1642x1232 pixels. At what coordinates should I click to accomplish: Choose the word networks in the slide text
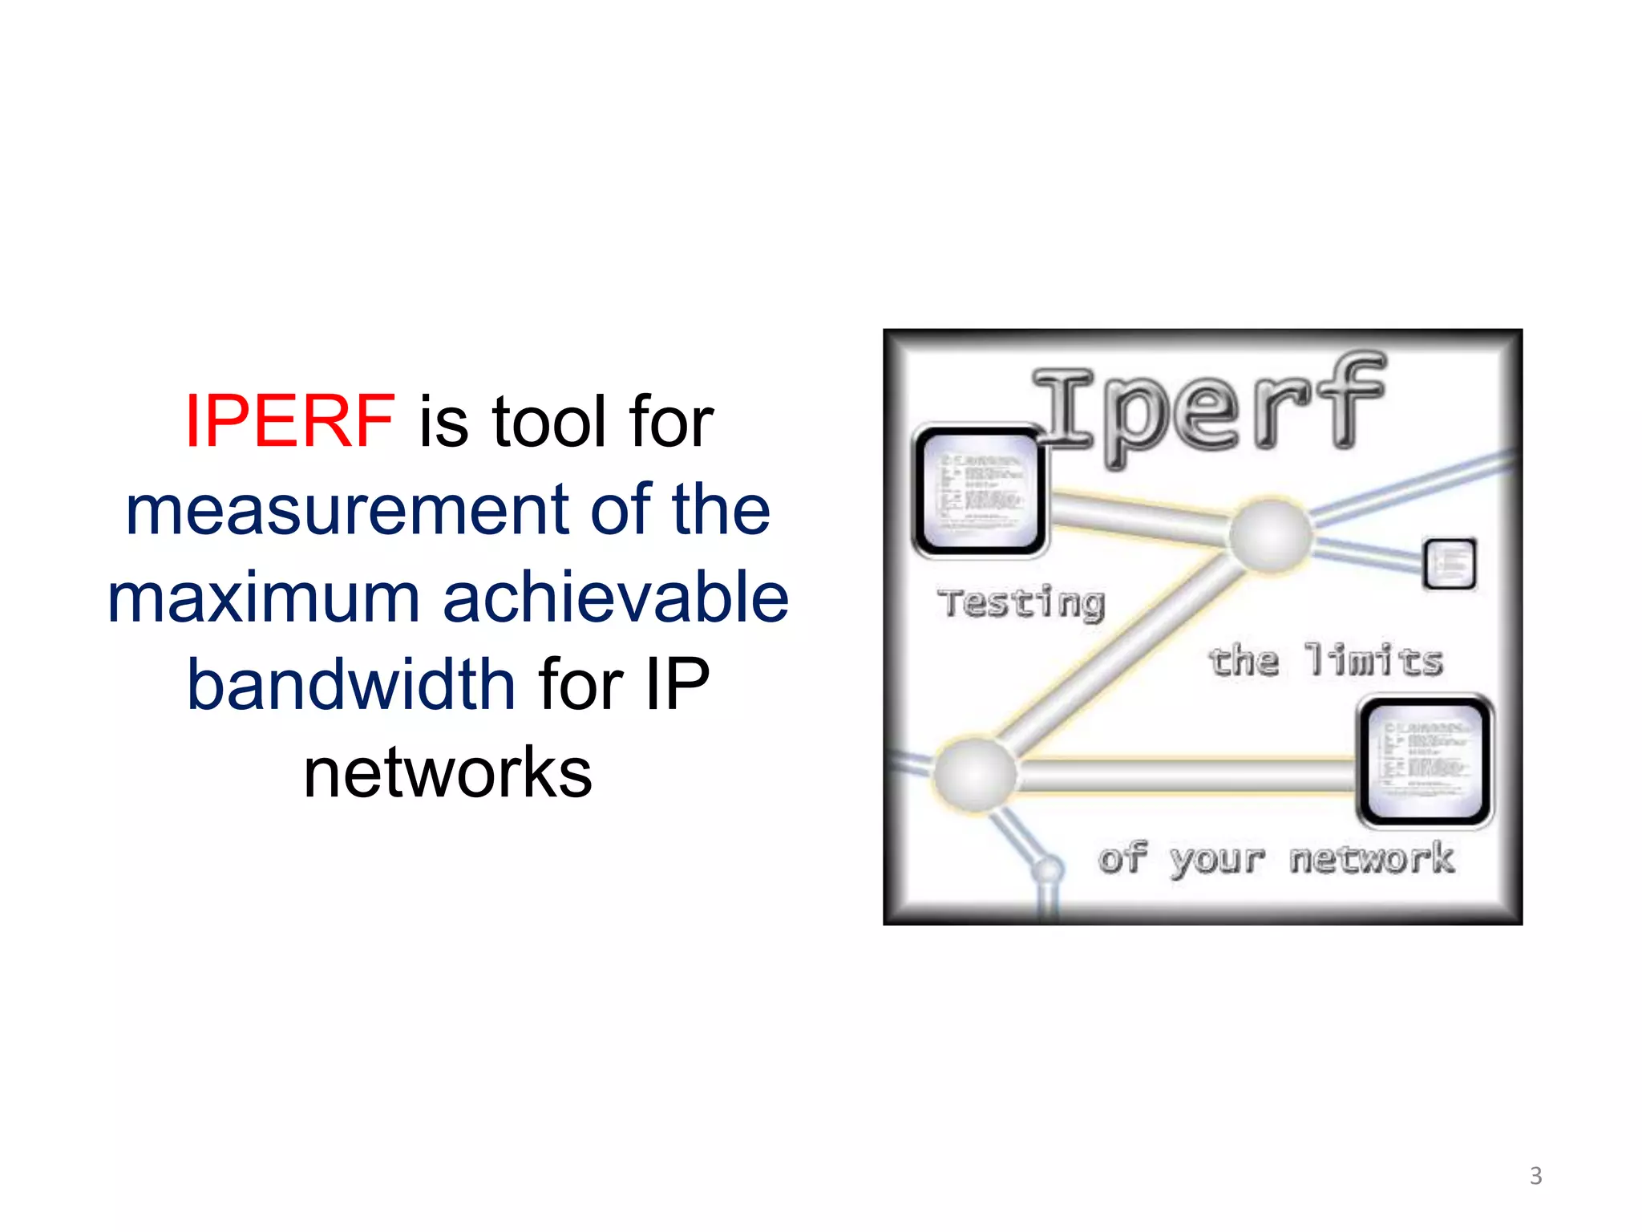[447, 772]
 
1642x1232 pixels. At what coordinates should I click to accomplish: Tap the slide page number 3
[1535, 1176]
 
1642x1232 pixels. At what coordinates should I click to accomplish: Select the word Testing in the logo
[1021, 603]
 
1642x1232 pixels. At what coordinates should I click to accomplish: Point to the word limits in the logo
[1373, 661]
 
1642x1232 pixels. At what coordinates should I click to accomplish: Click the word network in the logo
[1372, 858]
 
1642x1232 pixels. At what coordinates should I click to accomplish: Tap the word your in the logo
[1217, 861]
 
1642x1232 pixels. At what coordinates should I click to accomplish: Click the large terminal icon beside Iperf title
[980, 491]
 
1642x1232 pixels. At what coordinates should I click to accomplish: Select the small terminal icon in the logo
[1450, 564]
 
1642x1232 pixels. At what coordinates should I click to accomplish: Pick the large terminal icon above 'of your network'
[1425, 761]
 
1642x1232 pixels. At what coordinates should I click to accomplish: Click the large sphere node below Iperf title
[1271, 536]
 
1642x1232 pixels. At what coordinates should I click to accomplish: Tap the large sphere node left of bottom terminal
[976, 774]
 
